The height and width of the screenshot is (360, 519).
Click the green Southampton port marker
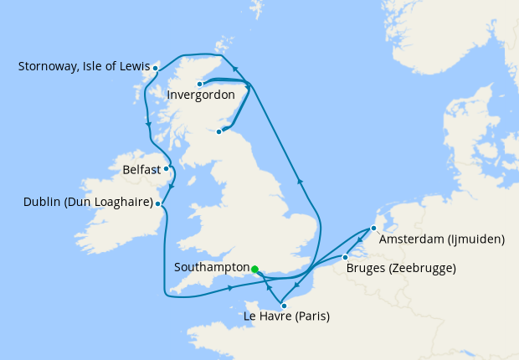(254, 269)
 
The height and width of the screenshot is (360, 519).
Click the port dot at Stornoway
(156, 67)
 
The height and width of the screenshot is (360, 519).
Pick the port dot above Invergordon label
(200, 84)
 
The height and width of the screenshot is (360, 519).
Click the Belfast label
(141, 169)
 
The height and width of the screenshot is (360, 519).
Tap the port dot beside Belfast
(167, 168)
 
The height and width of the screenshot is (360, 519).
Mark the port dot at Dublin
(159, 203)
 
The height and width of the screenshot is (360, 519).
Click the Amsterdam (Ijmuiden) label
(442, 239)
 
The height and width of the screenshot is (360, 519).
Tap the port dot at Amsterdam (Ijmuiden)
(373, 228)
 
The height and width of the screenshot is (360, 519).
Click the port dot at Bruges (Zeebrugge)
(346, 257)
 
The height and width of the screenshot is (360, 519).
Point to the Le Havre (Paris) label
(285, 316)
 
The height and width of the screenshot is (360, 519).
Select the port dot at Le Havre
(284, 306)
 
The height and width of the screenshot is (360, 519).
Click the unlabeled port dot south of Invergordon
(219, 131)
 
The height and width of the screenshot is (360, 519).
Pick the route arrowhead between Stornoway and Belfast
(149, 126)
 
